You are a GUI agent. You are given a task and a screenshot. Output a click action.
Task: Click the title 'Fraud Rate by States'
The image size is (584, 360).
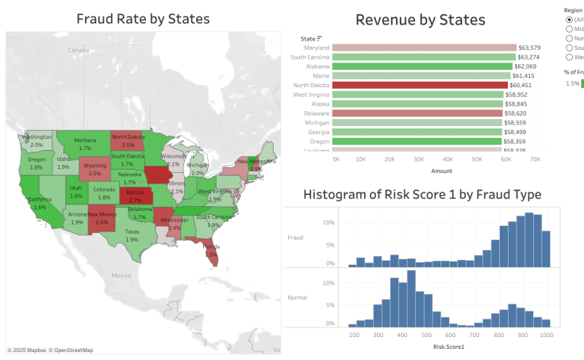pyautogui.click(x=143, y=18)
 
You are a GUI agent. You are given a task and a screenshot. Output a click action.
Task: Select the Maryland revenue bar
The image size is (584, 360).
pyautogui.click(x=424, y=48)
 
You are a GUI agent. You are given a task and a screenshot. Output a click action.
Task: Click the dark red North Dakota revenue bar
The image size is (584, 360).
pyautogui.click(x=420, y=85)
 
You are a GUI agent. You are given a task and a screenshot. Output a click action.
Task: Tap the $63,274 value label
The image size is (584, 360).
pyautogui.click(x=528, y=57)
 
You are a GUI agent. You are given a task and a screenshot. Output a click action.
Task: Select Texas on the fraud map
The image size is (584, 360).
pyautogui.click(x=132, y=236)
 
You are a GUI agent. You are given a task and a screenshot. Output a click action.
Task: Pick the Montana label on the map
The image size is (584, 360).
pyautogui.click(x=85, y=140)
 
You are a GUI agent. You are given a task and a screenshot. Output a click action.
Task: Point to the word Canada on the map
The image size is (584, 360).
pyautogui.click(x=78, y=50)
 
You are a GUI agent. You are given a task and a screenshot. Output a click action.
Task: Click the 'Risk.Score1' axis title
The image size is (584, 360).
pyautogui.click(x=448, y=347)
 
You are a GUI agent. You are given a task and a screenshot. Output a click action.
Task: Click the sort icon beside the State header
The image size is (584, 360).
pyautogui.click(x=320, y=38)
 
